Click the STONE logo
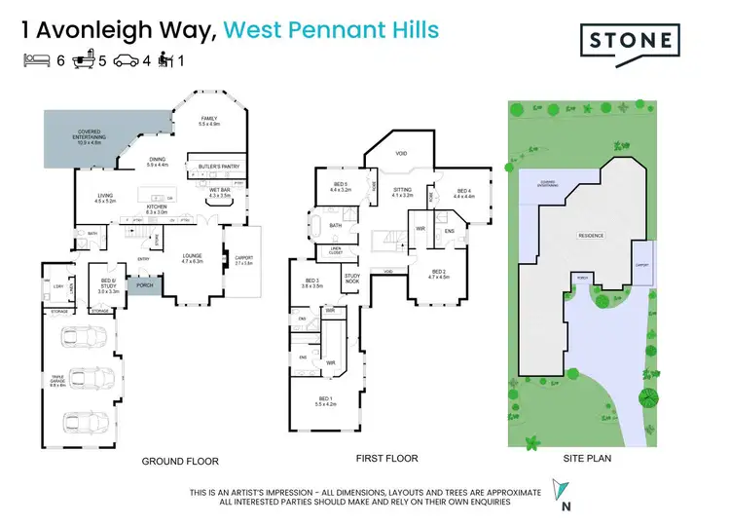[627, 40]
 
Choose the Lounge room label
[191, 258]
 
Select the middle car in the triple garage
[87, 380]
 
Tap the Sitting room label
[403, 191]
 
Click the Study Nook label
[352, 280]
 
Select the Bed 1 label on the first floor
[325, 401]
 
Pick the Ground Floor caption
[180, 462]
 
